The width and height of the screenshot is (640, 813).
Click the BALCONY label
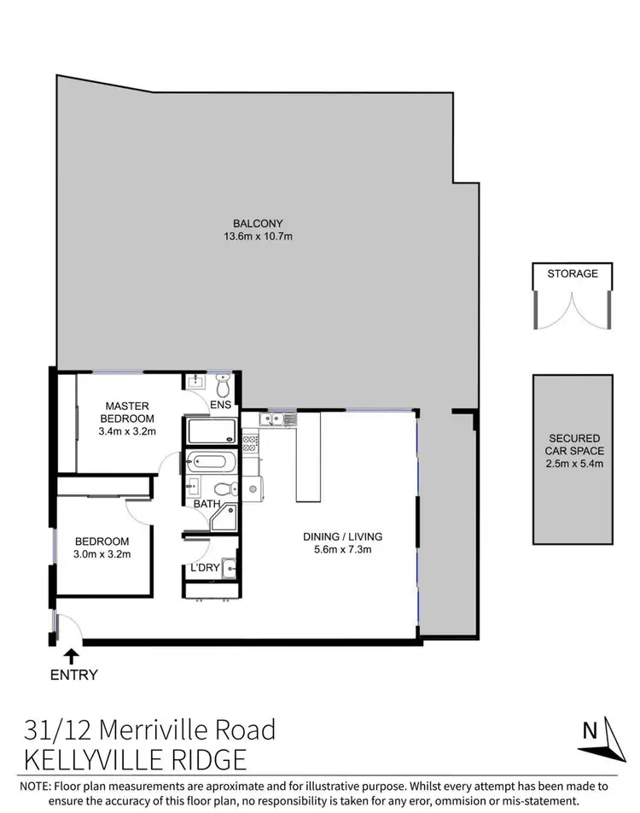tap(264, 224)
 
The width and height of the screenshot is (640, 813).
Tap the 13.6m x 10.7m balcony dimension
tap(264, 237)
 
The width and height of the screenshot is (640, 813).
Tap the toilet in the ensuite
tap(224, 381)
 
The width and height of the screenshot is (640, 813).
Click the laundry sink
tap(227, 567)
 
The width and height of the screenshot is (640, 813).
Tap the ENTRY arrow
tap(72, 656)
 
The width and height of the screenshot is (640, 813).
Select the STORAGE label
tap(573, 274)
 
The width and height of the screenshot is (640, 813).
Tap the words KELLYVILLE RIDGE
tap(136, 758)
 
